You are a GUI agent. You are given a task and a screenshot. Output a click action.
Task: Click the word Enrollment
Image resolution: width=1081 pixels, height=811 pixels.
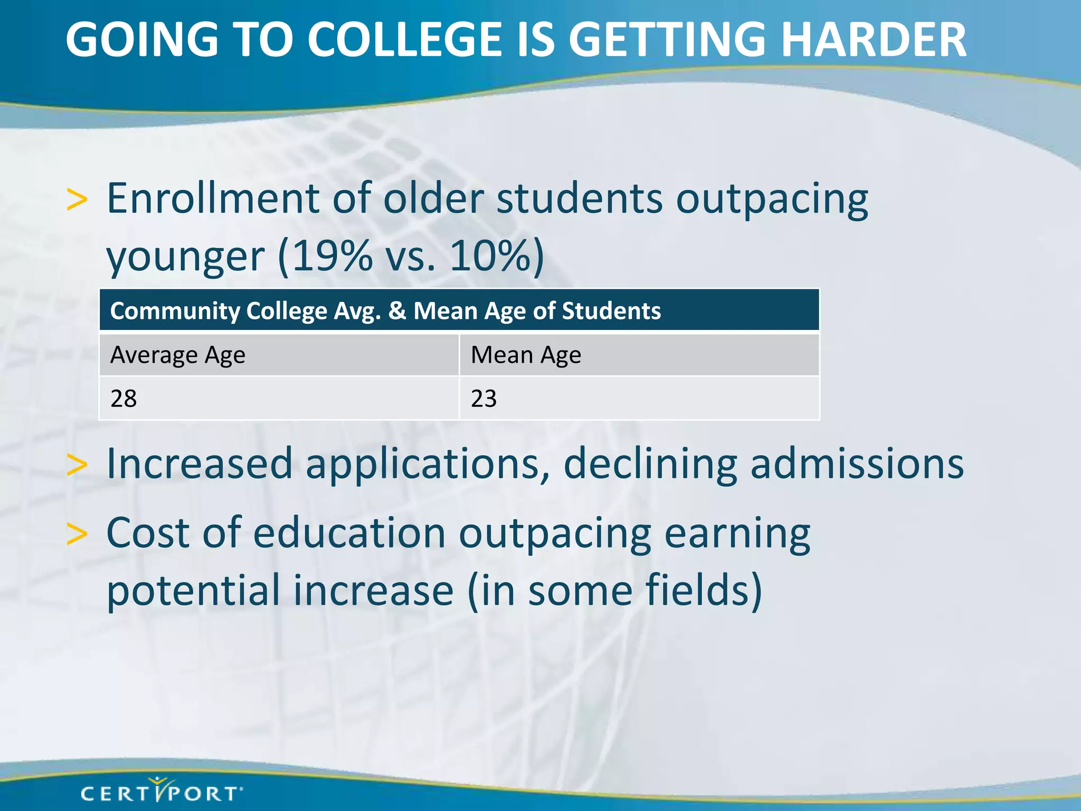point(213,199)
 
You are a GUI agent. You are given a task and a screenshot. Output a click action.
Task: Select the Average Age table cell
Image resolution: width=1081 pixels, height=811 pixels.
point(279,355)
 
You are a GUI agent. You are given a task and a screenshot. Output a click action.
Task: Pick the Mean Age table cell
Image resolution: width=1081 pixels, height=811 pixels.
point(639,355)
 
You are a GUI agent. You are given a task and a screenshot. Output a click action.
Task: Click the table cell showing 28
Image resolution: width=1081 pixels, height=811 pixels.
point(279,398)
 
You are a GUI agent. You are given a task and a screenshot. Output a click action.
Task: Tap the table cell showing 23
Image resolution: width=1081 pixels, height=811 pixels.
point(639,398)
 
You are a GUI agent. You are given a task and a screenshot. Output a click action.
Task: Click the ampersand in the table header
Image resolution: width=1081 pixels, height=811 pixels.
point(397,310)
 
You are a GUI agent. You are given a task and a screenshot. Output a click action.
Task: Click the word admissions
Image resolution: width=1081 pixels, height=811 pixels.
point(857,464)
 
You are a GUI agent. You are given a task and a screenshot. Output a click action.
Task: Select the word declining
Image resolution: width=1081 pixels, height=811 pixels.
point(650,464)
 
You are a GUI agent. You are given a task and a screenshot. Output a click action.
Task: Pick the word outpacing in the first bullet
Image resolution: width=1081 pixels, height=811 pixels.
point(772,200)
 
